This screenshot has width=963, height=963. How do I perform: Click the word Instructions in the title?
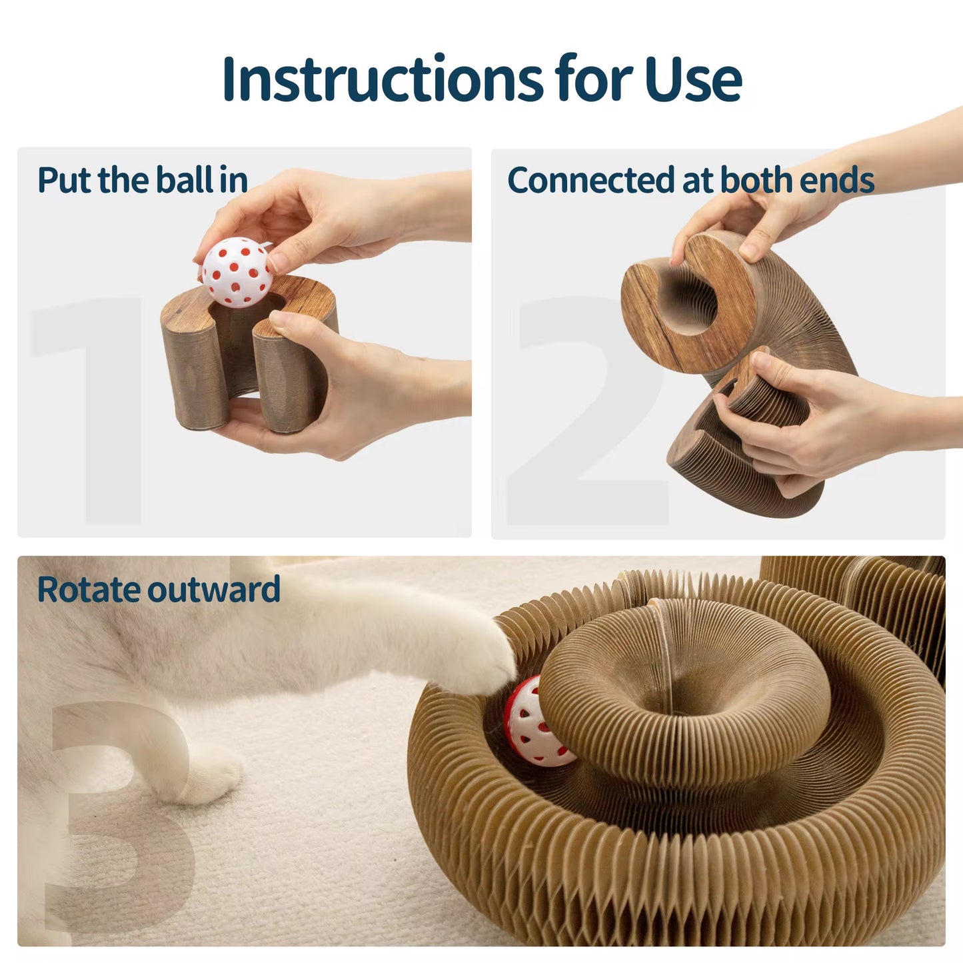click(x=382, y=79)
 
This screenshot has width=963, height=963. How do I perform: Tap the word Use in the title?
click(x=692, y=79)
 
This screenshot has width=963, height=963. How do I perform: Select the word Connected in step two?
click(x=590, y=181)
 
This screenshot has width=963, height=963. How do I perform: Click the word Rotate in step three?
click(x=88, y=590)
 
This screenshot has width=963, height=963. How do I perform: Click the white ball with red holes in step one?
click(x=236, y=272)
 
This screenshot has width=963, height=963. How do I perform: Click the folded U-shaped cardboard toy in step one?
click(x=247, y=360)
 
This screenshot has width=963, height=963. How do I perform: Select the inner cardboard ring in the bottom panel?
click(x=686, y=700)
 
